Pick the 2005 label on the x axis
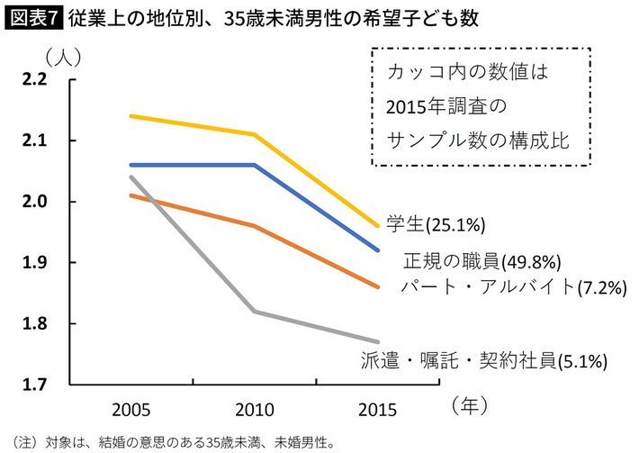[130, 411]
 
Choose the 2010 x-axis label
[255, 411]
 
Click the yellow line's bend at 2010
[255, 134]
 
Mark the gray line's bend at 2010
[255, 312]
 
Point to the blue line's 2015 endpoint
[379, 250]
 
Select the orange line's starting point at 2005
[130, 195]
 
